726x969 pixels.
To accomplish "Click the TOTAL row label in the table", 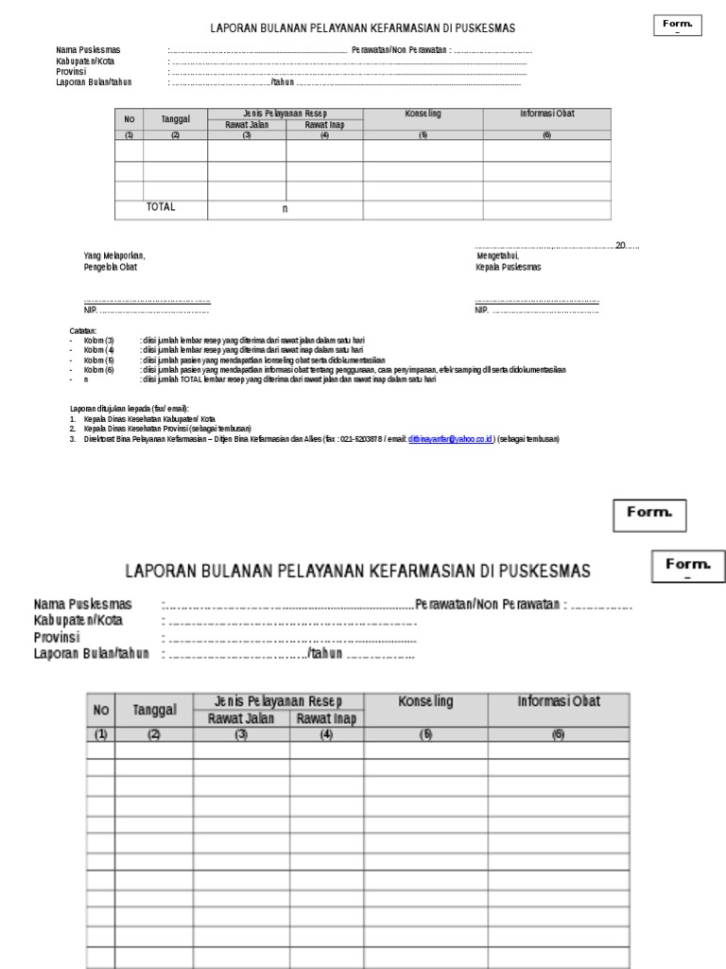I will click(x=161, y=207).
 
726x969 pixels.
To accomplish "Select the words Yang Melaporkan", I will click(x=114, y=255).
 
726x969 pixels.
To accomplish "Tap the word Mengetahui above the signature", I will click(x=497, y=255).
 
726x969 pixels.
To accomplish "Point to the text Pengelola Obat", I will click(x=111, y=267).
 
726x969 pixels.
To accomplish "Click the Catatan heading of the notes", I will click(x=83, y=330).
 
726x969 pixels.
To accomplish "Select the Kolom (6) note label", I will click(x=98, y=369).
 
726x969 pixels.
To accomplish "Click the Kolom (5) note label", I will click(x=98, y=360).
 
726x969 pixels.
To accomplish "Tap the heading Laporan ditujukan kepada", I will click(x=130, y=408).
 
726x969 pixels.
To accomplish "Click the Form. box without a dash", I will click(x=649, y=514).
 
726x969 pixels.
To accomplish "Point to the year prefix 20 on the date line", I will click(x=620, y=245).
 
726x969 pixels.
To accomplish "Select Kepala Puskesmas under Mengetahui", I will click(x=509, y=267).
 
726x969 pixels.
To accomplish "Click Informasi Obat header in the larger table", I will click(x=558, y=702).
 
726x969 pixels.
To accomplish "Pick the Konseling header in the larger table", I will click(x=425, y=702).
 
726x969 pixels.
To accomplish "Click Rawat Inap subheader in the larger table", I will click(x=326, y=718).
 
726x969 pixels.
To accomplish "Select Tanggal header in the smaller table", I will click(x=175, y=119).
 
